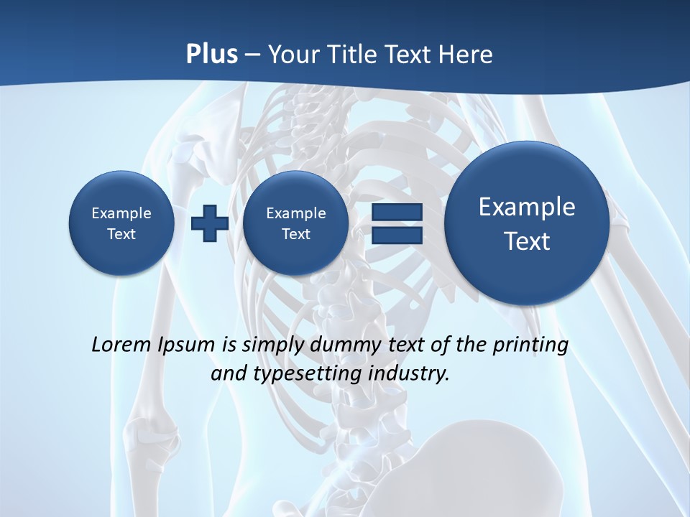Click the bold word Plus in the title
[x=211, y=55]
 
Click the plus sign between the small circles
[x=210, y=223]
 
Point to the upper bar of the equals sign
[x=397, y=213]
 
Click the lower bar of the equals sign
[x=397, y=235]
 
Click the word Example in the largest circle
[x=527, y=207]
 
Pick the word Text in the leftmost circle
[x=121, y=234]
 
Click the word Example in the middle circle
[x=295, y=213]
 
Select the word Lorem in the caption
[x=121, y=345]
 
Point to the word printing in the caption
[x=530, y=345]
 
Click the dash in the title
[x=252, y=55]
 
